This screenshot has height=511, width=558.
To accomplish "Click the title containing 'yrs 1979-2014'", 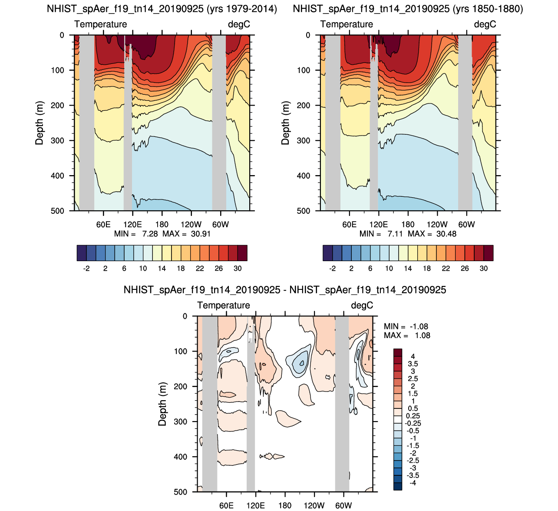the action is click(162, 9).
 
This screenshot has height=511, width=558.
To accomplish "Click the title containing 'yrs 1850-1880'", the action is click(408, 9).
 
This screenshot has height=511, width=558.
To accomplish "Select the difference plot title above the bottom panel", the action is click(285, 290).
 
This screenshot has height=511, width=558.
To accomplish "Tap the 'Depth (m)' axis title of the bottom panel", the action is click(162, 404).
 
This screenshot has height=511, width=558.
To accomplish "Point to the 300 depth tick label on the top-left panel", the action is click(58, 141).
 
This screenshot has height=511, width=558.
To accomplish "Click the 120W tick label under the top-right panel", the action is click(437, 225).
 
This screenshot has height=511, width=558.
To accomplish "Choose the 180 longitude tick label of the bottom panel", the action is click(285, 506).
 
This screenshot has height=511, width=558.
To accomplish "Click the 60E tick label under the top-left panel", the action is click(103, 225).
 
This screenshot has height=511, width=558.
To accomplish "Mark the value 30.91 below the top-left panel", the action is click(201, 234).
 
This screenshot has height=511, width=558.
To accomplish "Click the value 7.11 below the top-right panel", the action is click(395, 234).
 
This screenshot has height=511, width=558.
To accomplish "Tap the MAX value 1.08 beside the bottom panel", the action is click(422, 335).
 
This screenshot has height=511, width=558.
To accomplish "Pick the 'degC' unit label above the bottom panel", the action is click(362, 305).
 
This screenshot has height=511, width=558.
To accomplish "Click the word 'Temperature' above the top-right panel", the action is click(347, 24).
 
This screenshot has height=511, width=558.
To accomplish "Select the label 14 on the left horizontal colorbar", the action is click(162, 269).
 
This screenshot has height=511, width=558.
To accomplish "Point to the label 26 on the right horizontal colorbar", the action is click(465, 269).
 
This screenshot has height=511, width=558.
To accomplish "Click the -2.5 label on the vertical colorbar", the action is click(413, 461).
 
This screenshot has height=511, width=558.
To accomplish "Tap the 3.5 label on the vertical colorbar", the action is click(413, 364).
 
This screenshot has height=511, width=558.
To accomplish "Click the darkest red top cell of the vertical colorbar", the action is click(398, 352).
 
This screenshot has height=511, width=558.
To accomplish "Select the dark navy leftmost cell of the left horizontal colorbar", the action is click(82, 253).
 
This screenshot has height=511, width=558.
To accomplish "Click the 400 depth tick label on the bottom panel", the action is click(181, 457).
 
